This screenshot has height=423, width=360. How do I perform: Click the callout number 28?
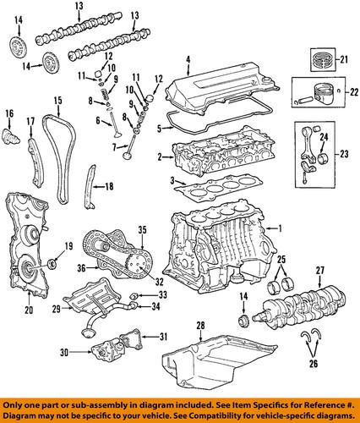[x=200, y=325]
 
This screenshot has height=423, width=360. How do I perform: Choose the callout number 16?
[x=10, y=113]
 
